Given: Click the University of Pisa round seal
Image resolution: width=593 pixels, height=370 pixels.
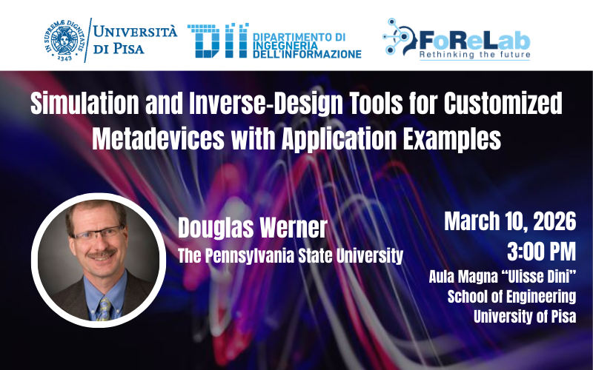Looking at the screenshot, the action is click(x=65, y=40).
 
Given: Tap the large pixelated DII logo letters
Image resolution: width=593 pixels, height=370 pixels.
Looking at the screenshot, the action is click(x=218, y=41).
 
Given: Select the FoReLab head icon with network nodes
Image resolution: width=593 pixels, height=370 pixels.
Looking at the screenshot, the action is click(x=399, y=37).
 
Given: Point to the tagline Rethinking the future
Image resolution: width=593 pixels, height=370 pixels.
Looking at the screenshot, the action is click(x=474, y=55).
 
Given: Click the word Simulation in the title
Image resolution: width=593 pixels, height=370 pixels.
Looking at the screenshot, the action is click(x=85, y=103).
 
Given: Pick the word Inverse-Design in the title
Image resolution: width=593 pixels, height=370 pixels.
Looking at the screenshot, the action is click(x=265, y=104).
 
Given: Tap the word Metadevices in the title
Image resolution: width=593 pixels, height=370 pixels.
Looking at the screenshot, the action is click(x=158, y=138).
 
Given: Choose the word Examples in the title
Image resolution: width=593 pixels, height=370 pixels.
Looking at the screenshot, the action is click(x=452, y=139).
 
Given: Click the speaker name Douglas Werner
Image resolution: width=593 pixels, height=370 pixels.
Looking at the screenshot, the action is click(x=252, y=228).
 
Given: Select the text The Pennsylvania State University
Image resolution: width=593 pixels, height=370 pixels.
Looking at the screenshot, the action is click(x=291, y=255).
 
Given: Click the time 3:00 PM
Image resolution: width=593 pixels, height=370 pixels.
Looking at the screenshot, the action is click(x=542, y=252).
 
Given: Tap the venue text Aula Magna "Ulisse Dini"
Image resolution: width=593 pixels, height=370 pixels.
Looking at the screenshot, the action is click(x=503, y=277).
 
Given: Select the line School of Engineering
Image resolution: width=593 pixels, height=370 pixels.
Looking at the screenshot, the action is click(x=511, y=297).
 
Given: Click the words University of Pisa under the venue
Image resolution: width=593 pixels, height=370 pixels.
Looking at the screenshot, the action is click(x=525, y=317).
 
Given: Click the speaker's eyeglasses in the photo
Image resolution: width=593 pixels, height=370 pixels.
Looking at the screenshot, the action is click(x=97, y=233).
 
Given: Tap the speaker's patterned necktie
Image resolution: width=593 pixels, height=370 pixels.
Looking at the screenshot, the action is click(x=105, y=309).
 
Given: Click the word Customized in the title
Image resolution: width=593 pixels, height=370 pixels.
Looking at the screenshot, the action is click(x=503, y=103).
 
